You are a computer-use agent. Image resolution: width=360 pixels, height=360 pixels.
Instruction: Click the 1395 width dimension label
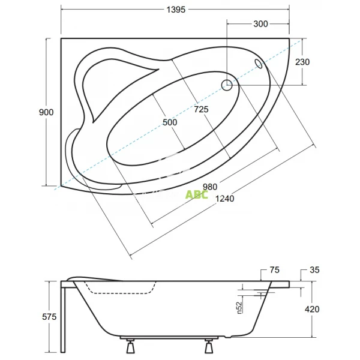coord(176,10)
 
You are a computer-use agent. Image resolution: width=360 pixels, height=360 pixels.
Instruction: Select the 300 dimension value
coord(260,24)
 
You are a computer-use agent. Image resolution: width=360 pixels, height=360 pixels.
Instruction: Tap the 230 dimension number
coord(302,62)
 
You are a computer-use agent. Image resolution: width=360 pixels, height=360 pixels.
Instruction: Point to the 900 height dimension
coord(46,112)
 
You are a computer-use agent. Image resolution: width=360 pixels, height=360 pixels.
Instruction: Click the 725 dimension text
coord(202,110)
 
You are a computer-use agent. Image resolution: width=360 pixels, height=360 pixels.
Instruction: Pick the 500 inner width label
coord(170,122)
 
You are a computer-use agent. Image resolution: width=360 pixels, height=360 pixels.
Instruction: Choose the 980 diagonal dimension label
coord(210,187)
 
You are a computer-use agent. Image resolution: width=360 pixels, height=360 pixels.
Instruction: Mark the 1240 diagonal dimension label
coord(225,199)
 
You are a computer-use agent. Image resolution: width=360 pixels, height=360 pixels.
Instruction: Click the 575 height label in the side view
coord(49,317)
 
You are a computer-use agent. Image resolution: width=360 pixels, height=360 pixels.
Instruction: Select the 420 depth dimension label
coord(312,309)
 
